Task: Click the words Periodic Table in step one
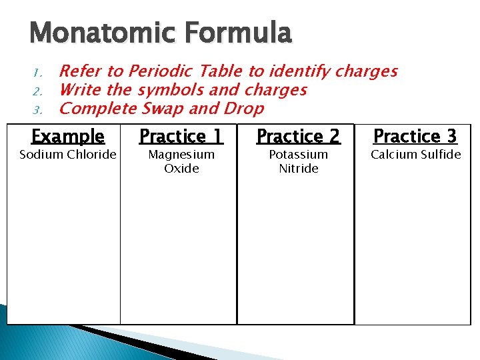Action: pyautogui.click(x=186, y=71)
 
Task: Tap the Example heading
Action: pyautogui.click(x=68, y=137)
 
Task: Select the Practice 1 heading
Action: pyautogui.click(x=181, y=137)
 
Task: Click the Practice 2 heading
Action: pyautogui.click(x=298, y=137)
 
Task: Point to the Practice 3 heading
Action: pyautogui.click(x=415, y=137)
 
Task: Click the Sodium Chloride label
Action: pyautogui.click(x=68, y=155)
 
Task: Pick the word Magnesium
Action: pyautogui.click(x=181, y=155)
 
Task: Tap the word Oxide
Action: pyautogui.click(x=181, y=169)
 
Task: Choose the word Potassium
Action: pyautogui.click(x=298, y=155)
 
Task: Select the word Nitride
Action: pyautogui.click(x=298, y=169)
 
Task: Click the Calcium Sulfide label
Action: pyautogui.click(x=415, y=155)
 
